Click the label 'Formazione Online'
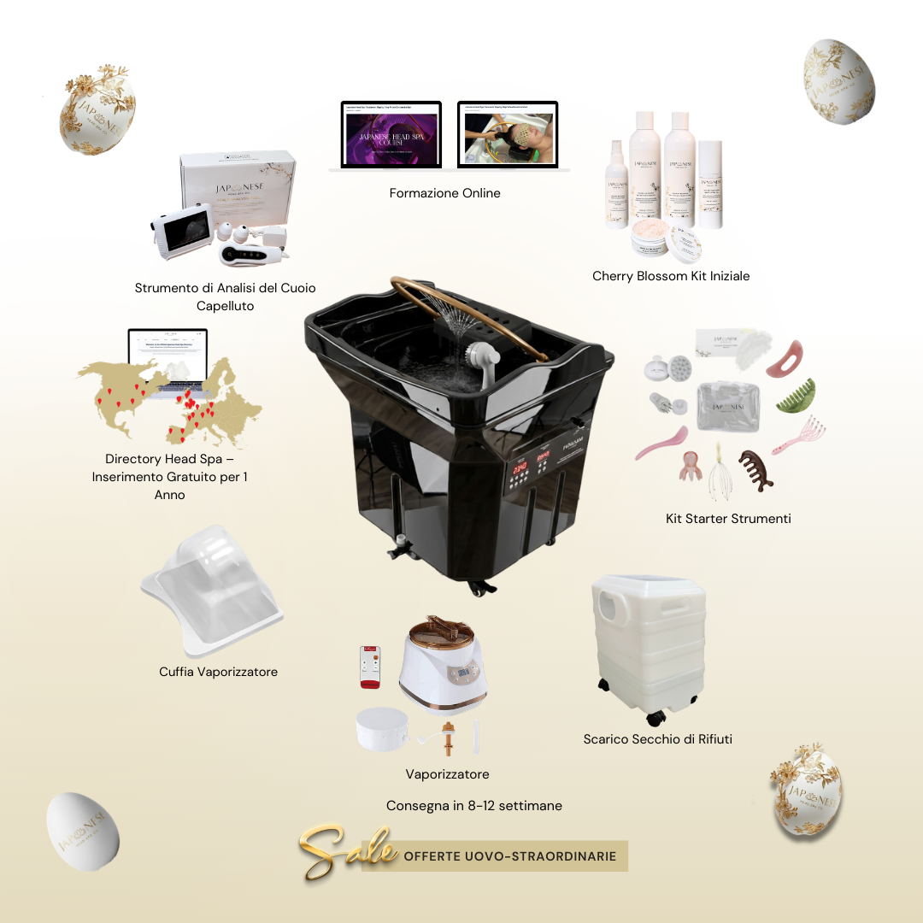[444, 193]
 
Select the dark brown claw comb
[755, 470]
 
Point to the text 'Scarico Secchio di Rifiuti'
[657, 739]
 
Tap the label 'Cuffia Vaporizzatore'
[218, 672]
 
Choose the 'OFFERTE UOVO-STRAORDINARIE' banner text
[509, 856]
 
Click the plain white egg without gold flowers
[82, 831]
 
